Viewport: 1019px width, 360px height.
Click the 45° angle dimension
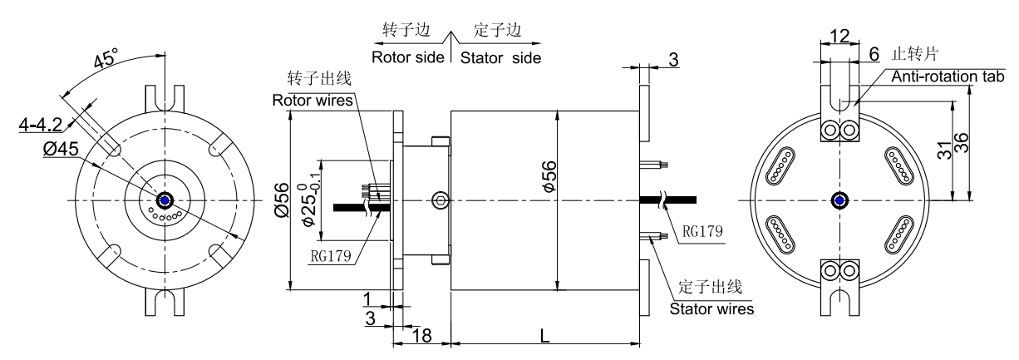(105, 61)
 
